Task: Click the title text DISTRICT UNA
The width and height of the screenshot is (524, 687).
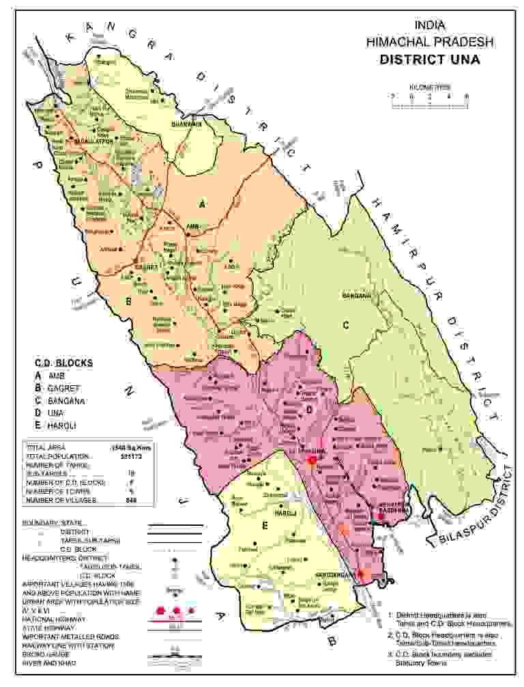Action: (429, 59)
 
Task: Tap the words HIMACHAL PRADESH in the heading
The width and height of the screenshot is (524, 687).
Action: (429, 42)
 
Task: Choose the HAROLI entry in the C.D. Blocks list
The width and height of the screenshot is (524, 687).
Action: (61, 426)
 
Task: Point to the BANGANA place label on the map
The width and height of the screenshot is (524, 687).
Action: (357, 296)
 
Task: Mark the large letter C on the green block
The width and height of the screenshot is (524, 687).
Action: (346, 326)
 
